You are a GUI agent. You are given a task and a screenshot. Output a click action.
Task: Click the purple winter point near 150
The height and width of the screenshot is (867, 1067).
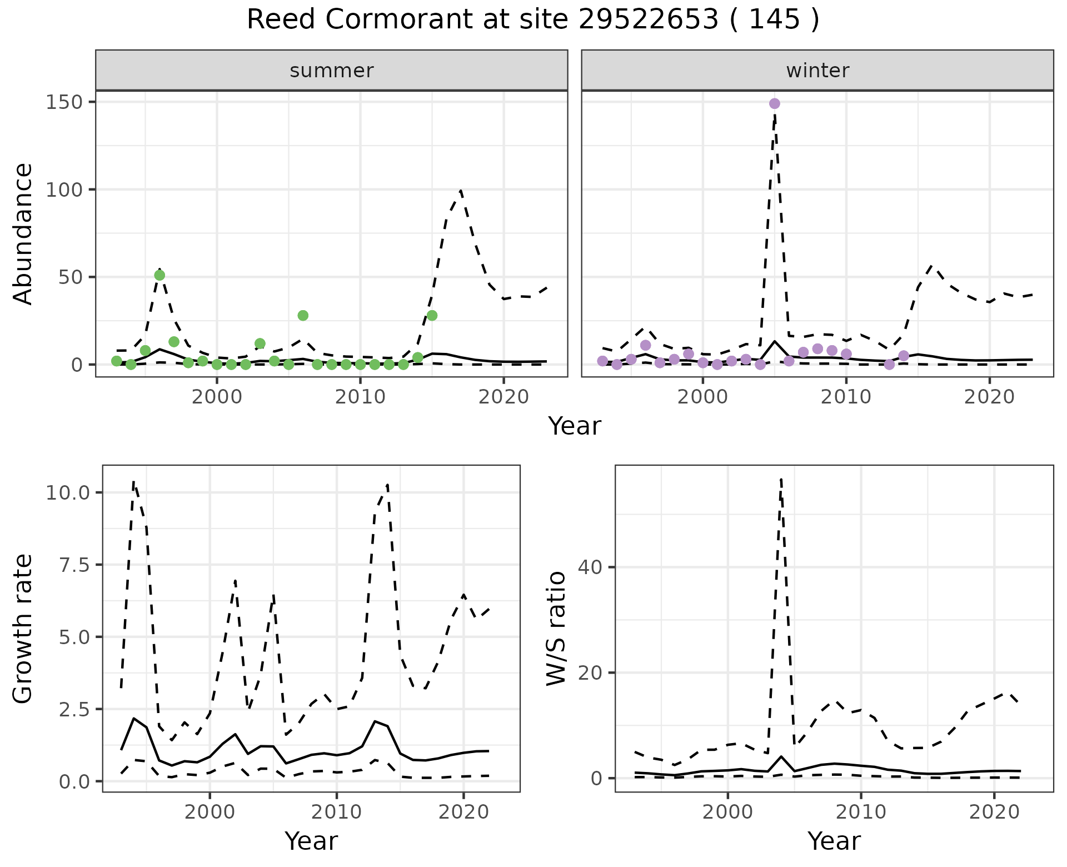(774, 103)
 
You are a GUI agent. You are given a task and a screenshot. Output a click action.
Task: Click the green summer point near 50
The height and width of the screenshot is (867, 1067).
(159, 275)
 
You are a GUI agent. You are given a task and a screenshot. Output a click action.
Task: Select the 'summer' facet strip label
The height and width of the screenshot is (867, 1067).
(332, 71)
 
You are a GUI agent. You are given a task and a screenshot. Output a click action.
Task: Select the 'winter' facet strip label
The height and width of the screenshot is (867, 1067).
(817, 71)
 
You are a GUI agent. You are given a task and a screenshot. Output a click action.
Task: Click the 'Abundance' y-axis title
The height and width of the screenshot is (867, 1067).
(23, 233)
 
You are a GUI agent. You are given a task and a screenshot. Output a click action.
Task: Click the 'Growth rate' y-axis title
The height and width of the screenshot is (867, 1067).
(23, 628)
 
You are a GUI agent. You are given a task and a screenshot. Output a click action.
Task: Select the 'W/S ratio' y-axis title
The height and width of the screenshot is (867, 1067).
(556, 628)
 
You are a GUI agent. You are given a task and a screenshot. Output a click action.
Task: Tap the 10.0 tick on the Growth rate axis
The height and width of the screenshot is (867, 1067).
(77, 492)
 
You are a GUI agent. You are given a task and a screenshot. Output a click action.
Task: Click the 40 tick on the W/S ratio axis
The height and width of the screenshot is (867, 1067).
(591, 567)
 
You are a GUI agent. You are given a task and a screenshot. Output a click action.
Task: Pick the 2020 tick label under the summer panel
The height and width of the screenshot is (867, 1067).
(503, 397)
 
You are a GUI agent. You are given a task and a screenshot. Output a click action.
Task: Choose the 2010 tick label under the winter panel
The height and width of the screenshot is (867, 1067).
(846, 397)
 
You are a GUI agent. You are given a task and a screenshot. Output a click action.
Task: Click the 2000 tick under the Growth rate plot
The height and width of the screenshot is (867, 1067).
(210, 812)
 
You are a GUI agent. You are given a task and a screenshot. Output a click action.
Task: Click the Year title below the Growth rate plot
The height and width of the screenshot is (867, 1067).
(311, 841)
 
